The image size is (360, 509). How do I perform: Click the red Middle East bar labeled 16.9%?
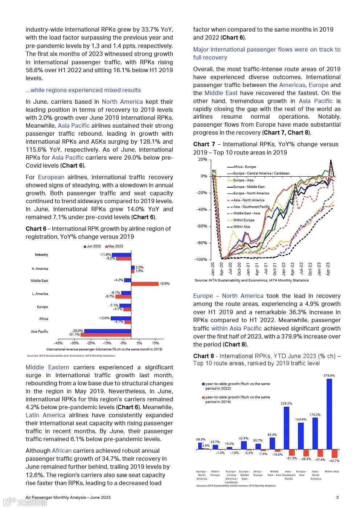click(x=145, y=284)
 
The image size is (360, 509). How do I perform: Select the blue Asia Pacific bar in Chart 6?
click(x=107, y=331)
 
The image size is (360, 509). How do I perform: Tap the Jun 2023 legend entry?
click(x=92, y=246)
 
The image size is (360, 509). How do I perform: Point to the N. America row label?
click(x=40, y=269)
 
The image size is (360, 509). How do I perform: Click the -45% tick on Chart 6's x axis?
click(x=58, y=343)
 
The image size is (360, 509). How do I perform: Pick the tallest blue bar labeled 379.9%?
click(x=329, y=414)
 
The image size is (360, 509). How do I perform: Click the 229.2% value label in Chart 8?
click(x=286, y=403)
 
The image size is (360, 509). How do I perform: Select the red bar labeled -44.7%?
click(x=335, y=453)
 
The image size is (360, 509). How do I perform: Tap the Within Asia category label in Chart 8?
click(x=332, y=472)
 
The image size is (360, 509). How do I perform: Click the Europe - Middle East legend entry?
click(x=249, y=187)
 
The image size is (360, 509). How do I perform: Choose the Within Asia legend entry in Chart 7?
click(x=242, y=227)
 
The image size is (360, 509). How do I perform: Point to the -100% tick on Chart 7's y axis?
click(x=200, y=259)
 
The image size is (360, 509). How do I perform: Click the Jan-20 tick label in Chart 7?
click(x=213, y=269)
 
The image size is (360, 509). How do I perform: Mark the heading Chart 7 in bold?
click(x=204, y=144)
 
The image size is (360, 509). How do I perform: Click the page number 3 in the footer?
click(x=337, y=497)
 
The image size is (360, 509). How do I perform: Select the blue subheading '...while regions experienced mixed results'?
click(x=83, y=90)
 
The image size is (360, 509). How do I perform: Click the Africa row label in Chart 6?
click(x=44, y=319)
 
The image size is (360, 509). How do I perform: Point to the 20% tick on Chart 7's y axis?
click(x=202, y=160)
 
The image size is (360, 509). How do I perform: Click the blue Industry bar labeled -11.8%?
click(x=121, y=255)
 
